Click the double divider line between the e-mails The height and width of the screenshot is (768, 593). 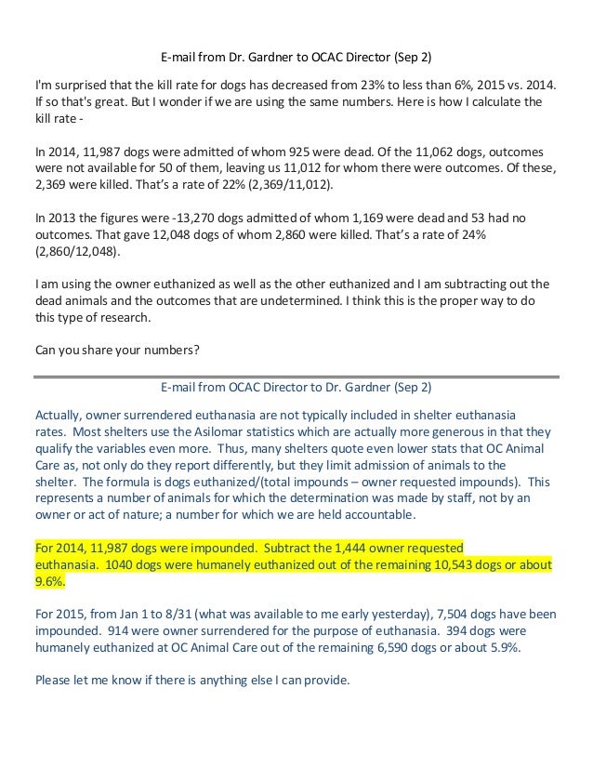point(296,376)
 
